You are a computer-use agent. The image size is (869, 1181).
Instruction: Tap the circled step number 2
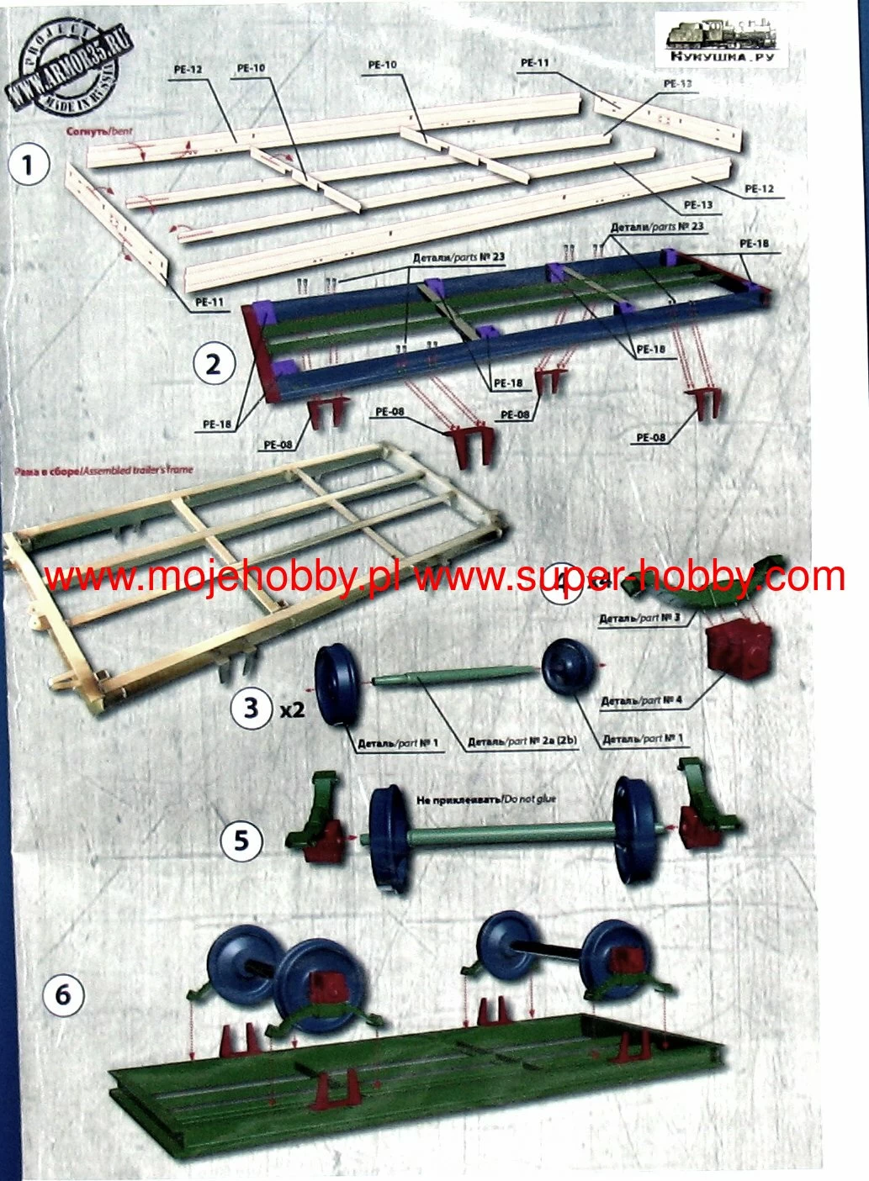tap(213, 364)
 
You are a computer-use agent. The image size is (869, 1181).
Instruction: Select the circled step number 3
tap(250, 707)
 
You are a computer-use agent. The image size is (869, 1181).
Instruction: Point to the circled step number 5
tap(241, 840)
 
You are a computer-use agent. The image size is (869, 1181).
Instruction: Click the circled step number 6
tap(63, 996)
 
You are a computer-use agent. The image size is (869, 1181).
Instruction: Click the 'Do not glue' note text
tap(486, 799)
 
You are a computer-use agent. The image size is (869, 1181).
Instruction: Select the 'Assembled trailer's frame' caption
tap(103, 471)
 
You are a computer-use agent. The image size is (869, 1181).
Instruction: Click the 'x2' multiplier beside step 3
tap(292, 710)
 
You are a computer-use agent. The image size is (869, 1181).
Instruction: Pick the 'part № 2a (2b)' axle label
tap(522, 742)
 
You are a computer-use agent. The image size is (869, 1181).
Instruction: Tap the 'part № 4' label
tap(641, 700)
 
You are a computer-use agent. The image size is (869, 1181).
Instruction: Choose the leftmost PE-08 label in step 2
tap(278, 445)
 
